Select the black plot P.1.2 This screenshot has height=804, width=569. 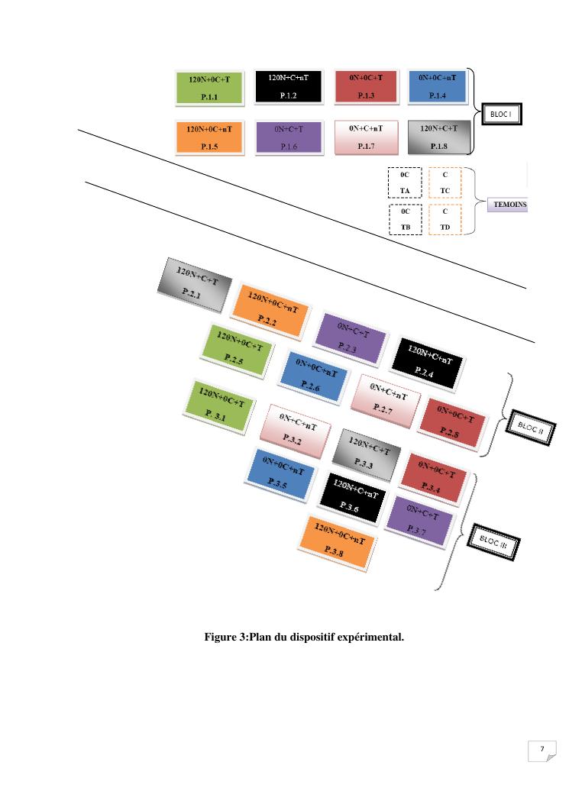288,86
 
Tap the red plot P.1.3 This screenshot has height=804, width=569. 365,86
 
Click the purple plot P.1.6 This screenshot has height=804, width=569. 288,137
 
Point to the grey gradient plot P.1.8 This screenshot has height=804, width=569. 438,137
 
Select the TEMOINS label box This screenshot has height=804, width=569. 507,205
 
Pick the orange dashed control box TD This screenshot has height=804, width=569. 445,220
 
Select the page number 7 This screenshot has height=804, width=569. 542,750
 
